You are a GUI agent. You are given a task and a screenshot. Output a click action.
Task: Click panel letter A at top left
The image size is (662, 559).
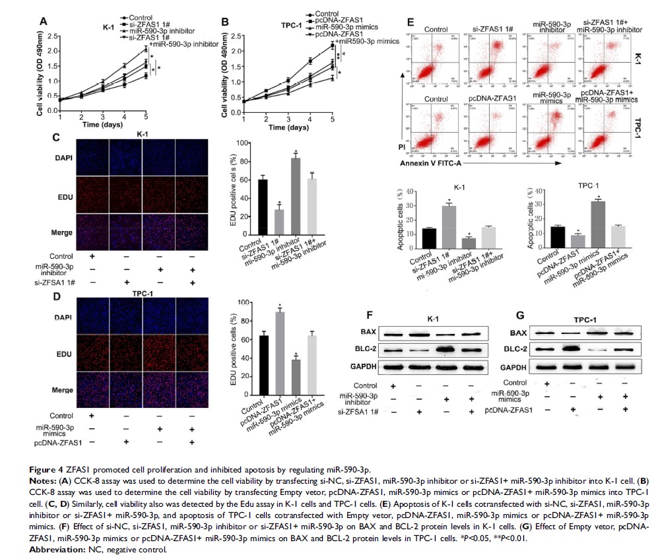pyautogui.click(x=44, y=20)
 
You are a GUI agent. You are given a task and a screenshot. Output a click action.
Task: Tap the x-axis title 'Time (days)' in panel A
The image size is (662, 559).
pyautogui.click(x=102, y=124)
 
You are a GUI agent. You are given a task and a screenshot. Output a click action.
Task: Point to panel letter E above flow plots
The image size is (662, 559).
pyautogui.click(x=410, y=22)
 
